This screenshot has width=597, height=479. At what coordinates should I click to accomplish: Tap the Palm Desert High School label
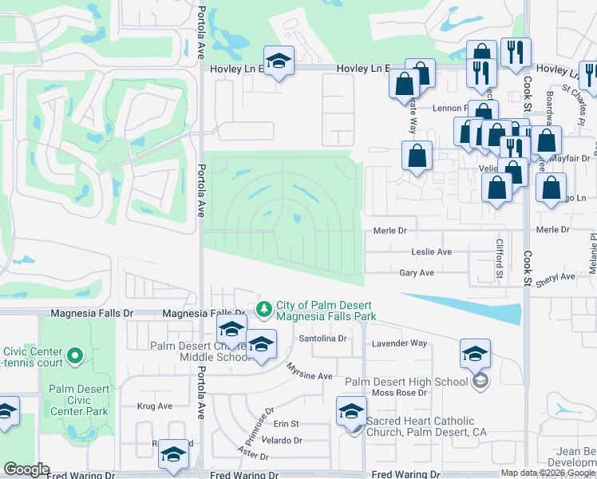click(x=406, y=382)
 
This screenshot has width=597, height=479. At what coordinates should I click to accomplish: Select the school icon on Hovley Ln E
click(x=279, y=61)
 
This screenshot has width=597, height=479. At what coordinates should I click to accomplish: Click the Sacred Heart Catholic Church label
click(x=421, y=427)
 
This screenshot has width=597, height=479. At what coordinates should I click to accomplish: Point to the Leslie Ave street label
click(x=432, y=252)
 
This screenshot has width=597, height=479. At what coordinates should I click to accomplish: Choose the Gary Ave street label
click(x=417, y=273)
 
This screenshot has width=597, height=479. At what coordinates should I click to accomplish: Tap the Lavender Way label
click(x=400, y=343)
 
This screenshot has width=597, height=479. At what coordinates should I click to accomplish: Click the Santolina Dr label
click(x=323, y=338)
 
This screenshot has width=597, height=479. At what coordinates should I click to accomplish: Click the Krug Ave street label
click(x=154, y=406)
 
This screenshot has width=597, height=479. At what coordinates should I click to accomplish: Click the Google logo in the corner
click(x=26, y=469)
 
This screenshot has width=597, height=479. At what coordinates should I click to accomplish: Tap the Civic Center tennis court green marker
click(x=75, y=354)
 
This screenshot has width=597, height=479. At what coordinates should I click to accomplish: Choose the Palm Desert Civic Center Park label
click(x=78, y=401)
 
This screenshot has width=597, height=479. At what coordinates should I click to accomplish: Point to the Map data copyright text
click(x=548, y=473)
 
